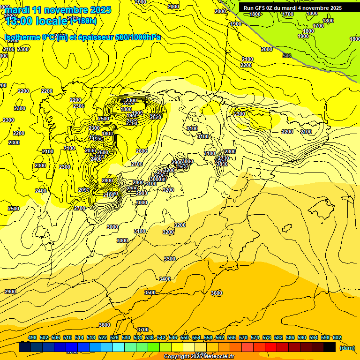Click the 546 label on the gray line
point(287,56)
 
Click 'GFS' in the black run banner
point(261,8)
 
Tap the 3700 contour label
point(143,330)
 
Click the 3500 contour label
point(150,292)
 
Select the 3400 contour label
point(165,279)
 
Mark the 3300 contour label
point(170,259)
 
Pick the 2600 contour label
point(141,151)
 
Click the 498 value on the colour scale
point(32,338)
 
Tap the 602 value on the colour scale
point(337,338)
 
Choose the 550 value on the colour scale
point(185,338)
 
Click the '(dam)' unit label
point(347,348)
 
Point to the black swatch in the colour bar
point(330,347)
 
